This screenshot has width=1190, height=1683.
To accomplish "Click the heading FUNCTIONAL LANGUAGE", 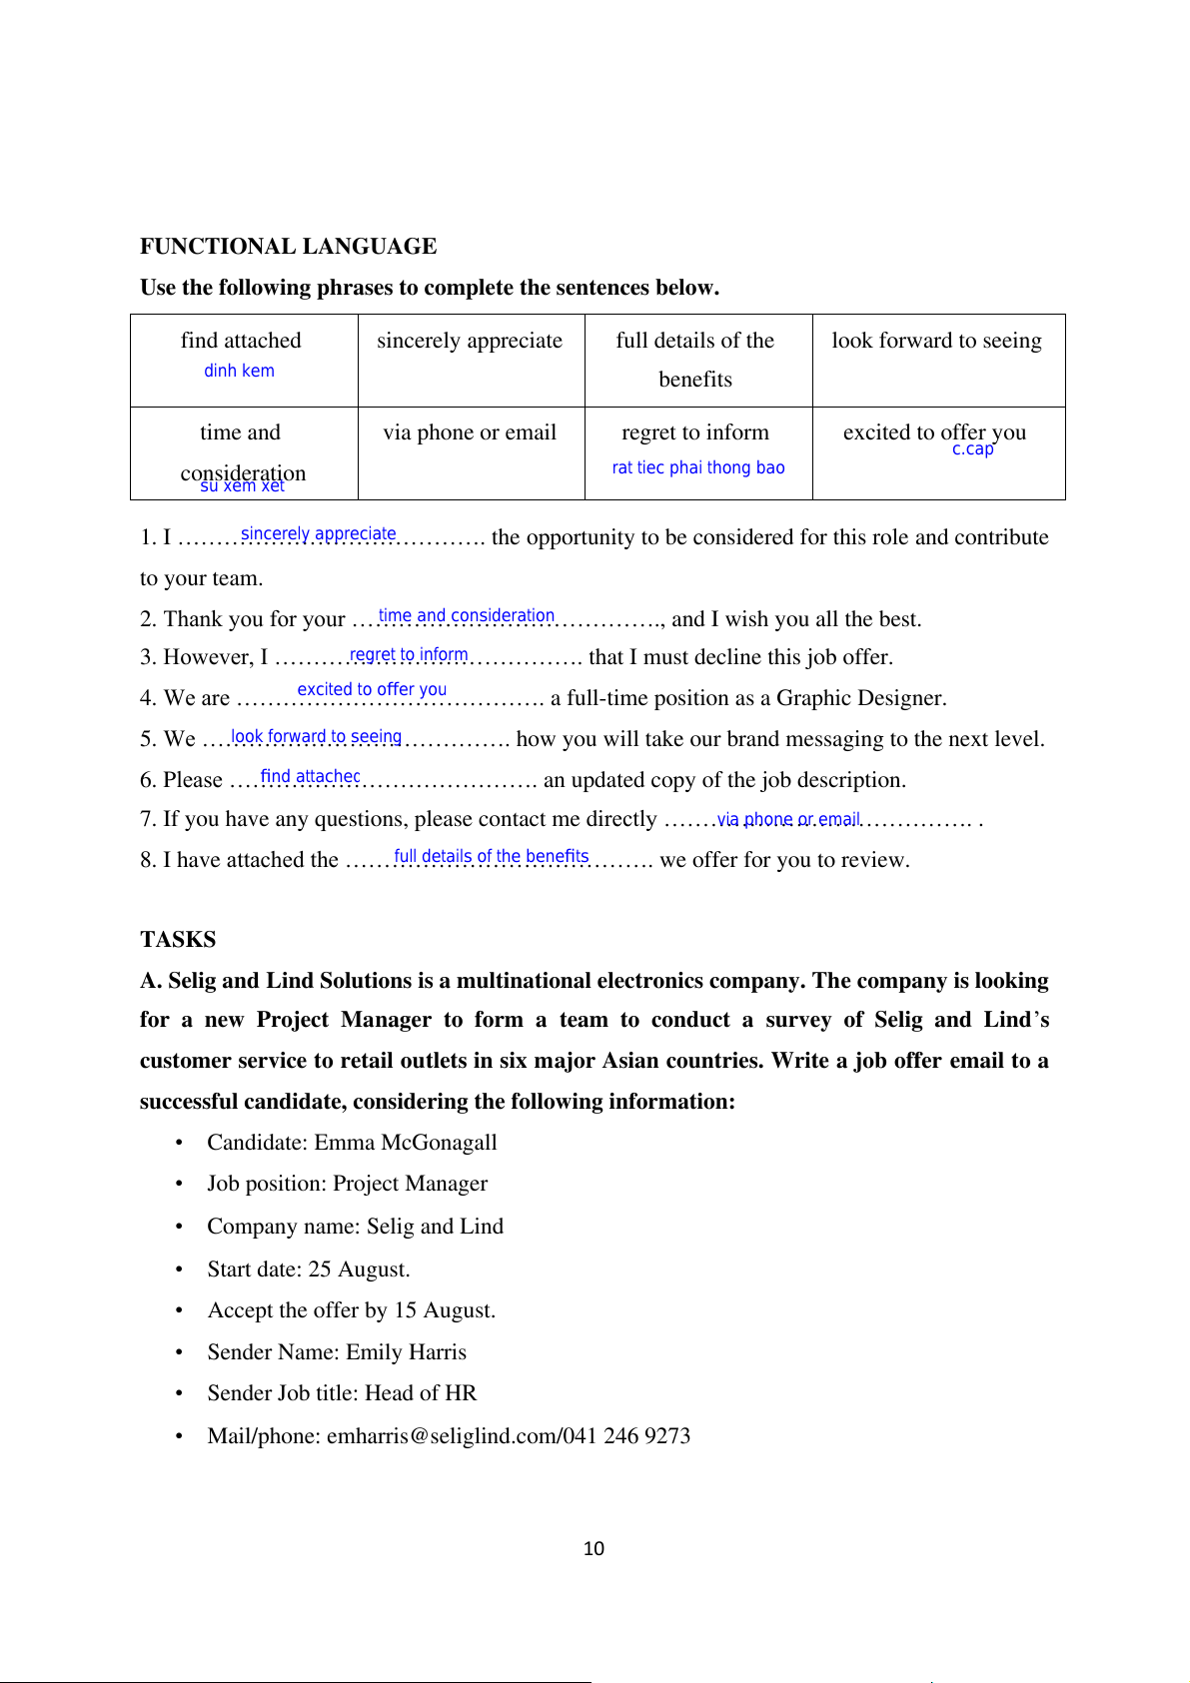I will click(288, 247).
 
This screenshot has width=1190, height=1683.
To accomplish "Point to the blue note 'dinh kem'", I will click(239, 371).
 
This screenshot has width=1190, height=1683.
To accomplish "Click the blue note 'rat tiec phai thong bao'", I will click(698, 467).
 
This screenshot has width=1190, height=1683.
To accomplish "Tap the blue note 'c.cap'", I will click(972, 449).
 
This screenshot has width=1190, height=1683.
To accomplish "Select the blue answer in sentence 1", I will click(318, 534).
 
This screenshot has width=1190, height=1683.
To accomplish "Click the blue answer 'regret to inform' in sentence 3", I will click(409, 655).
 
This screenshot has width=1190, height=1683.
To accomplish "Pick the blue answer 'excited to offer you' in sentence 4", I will click(372, 689).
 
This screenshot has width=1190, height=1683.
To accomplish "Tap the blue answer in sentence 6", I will click(310, 776).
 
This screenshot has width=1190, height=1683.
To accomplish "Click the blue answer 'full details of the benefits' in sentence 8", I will click(491, 856).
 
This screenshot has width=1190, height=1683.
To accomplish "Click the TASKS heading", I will click(178, 940).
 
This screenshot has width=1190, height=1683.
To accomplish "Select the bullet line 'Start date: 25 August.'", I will click(309, 1269).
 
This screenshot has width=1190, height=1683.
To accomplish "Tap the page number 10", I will click(594, 1549).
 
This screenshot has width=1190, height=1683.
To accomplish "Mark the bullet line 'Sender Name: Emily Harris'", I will click(337, 1352).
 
